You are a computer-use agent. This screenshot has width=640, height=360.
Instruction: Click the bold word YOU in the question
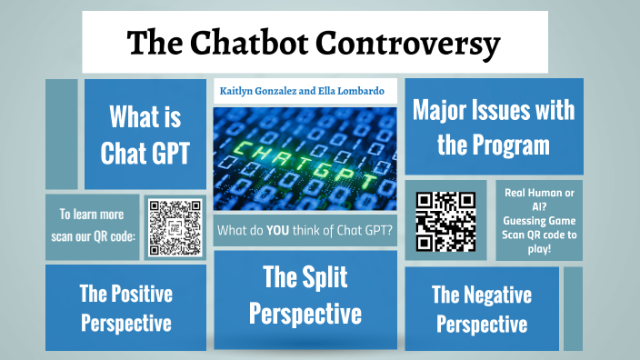click(279, 230)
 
